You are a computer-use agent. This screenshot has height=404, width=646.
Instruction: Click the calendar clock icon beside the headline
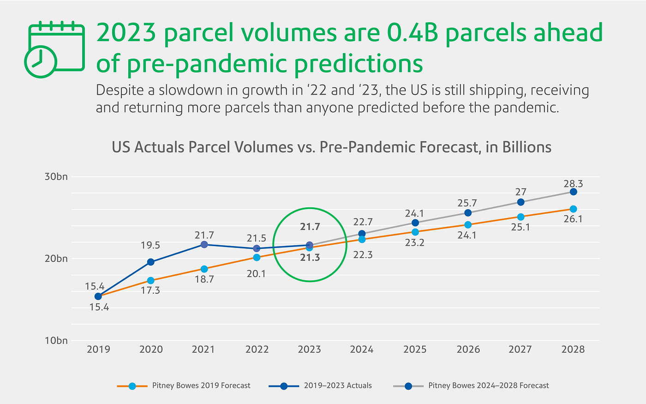coord(55,48)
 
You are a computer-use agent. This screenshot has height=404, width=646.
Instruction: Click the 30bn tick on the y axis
coord(56,177)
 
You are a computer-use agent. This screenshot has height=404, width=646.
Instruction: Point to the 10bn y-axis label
coord(56,341)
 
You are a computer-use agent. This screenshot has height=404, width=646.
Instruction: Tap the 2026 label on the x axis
coord(468,350)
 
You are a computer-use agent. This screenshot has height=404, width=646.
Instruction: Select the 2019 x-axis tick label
coord(98,350)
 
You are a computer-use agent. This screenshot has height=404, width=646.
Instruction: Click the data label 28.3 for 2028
coord(573,184)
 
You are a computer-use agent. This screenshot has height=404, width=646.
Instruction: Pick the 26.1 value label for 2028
coord(573,219)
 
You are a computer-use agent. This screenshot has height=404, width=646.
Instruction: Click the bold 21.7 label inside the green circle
coord(310,227)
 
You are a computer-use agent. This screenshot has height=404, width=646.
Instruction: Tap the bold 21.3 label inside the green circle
coord(310,258)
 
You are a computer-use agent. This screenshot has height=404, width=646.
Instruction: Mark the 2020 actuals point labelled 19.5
coord(150,262)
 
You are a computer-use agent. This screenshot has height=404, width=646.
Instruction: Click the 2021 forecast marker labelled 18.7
coord(203,269)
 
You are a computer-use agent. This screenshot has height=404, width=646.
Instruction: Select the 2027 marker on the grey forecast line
coord(520,202)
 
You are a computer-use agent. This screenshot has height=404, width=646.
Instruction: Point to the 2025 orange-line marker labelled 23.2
coord(415,232)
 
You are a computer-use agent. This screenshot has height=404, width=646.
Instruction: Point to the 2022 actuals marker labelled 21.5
coord(257,248)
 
